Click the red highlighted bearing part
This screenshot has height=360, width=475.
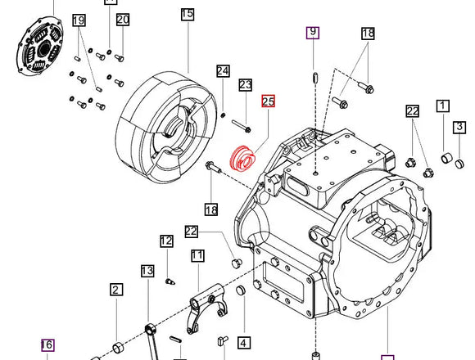click(244, 159)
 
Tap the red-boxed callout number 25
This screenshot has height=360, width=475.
click(268, 102)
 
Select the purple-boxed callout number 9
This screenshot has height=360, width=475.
click(313, 33)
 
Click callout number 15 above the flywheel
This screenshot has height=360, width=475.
click(187, 14)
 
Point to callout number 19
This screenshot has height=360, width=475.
click(79, 20)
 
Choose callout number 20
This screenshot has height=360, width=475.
click(122, 20)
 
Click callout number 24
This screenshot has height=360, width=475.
click(223, 71)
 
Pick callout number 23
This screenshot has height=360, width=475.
click(245, 85)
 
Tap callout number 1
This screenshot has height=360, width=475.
click(443, 106)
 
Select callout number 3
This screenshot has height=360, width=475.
click(460, 127)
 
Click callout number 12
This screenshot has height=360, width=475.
click(166, 241)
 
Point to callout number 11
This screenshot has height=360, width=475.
click(197, 256)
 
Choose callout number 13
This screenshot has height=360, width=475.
click(147, 271)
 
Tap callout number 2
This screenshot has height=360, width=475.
click(116, 289)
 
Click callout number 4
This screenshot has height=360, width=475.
click(244, 342)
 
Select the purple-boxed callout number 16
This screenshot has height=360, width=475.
click(47, 345)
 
